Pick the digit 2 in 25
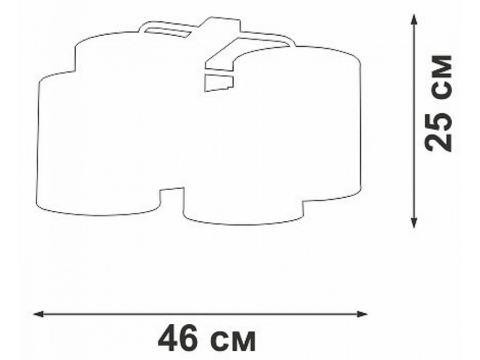pyautogui.click(x=441, y=143)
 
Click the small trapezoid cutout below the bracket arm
pyautogui.click(x=219, y=82)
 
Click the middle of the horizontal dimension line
pyautogui.click(x=201, y=314)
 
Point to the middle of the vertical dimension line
pyautogui.click(x=413, y=122)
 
